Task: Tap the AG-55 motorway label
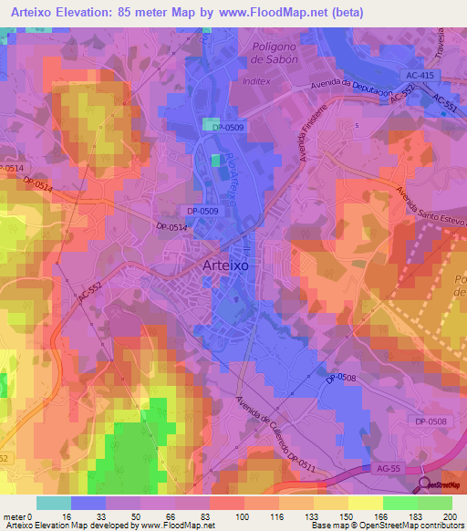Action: pyautogui.click(x=387, y=468)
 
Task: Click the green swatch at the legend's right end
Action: pyautogui.click(x=435, y=503)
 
